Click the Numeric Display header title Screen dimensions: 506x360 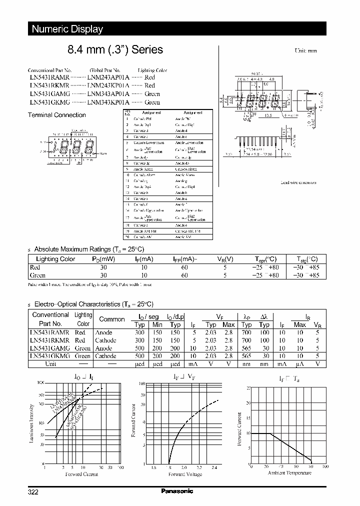(67, 29)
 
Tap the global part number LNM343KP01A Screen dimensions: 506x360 (108, 102)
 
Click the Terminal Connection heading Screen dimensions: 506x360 (56, 115)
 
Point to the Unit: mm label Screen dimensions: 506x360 (305, 51)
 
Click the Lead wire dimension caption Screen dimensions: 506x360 (298, 182)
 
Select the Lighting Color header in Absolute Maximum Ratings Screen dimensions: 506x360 (55, 259)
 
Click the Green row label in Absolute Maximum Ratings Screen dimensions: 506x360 (38, 275)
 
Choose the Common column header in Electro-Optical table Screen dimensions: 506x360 (112, 319)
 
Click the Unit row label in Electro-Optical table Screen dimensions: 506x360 (50, 364)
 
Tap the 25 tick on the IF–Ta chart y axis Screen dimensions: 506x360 (248, 388)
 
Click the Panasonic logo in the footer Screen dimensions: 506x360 (177, 491)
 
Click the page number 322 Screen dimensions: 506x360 (33, 492)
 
